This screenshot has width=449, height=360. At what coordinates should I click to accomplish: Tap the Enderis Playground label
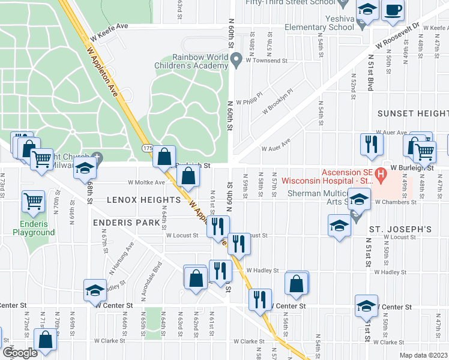pos(34,228)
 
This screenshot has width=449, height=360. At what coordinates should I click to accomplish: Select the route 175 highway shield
pos(146,148)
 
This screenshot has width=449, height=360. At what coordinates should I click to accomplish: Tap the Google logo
pos(20,352)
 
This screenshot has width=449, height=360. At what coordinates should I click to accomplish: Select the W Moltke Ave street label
pos(146,182)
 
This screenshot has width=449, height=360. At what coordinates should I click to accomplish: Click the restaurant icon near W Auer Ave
pos(371,144)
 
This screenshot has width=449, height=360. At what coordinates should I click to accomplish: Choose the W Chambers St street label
pos(396,203)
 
